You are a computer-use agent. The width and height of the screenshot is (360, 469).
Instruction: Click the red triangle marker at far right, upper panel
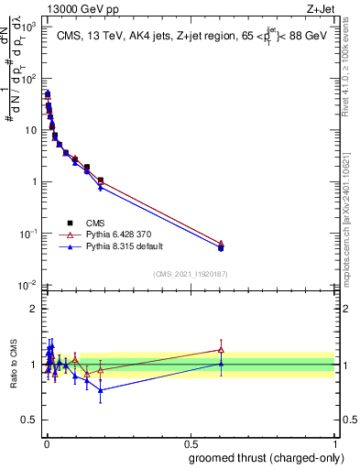220,243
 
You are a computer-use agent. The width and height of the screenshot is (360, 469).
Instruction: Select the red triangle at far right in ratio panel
220,349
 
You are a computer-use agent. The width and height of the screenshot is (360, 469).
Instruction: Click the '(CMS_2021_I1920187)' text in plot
190,274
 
